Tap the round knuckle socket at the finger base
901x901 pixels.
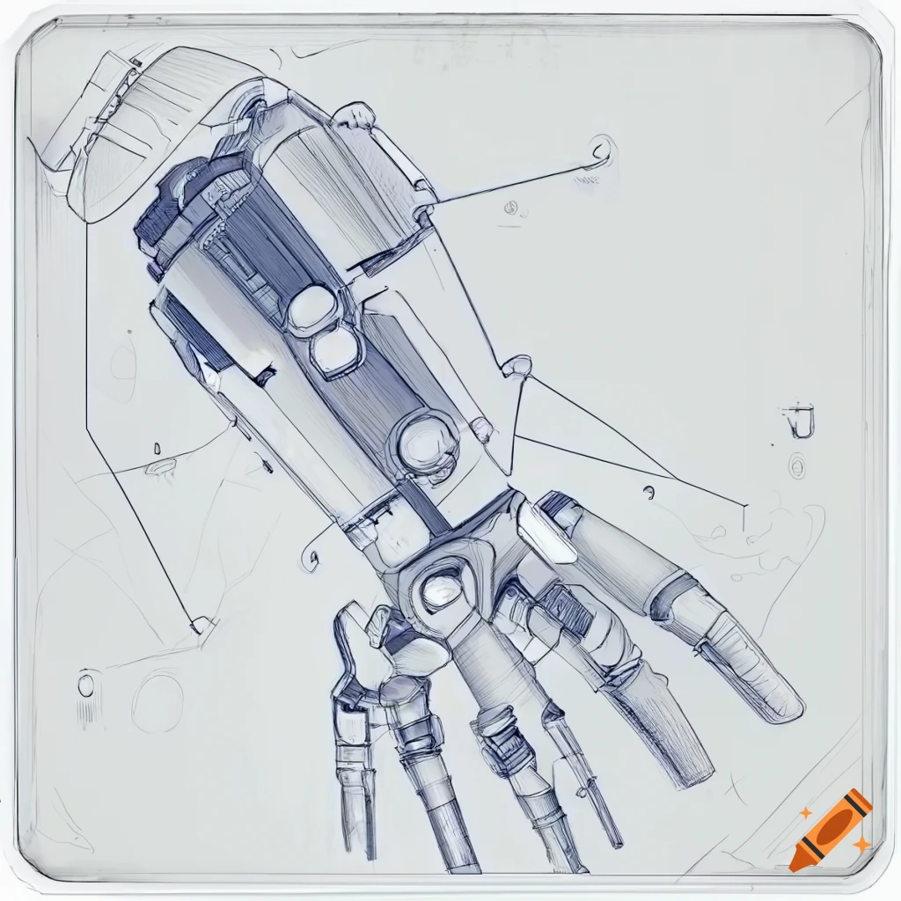coord(442,587)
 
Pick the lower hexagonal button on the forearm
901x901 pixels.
coord(335,351)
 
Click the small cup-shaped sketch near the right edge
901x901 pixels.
coord(799,421)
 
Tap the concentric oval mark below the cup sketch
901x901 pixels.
coord(797,465)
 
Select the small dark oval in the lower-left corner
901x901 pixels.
coord(85,685)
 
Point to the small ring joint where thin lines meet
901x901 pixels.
coord(519,364)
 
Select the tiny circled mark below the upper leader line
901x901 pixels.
coord(509,209)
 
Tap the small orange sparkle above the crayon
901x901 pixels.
coord(804,813)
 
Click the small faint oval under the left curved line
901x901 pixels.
coord(162,466)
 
